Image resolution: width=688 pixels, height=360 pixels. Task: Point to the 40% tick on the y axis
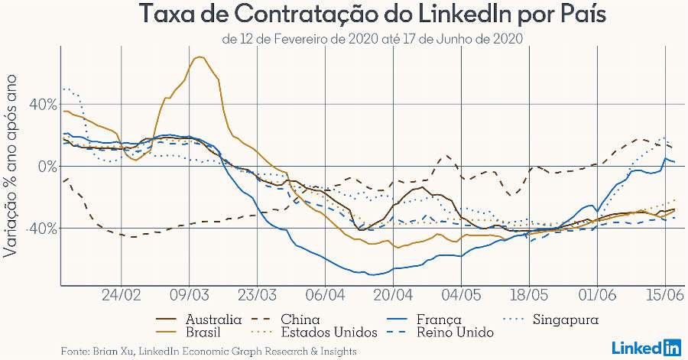point(42,105)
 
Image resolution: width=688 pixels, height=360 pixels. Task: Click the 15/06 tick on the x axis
point(664,295)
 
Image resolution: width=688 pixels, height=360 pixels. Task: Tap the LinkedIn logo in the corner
point(647,348)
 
